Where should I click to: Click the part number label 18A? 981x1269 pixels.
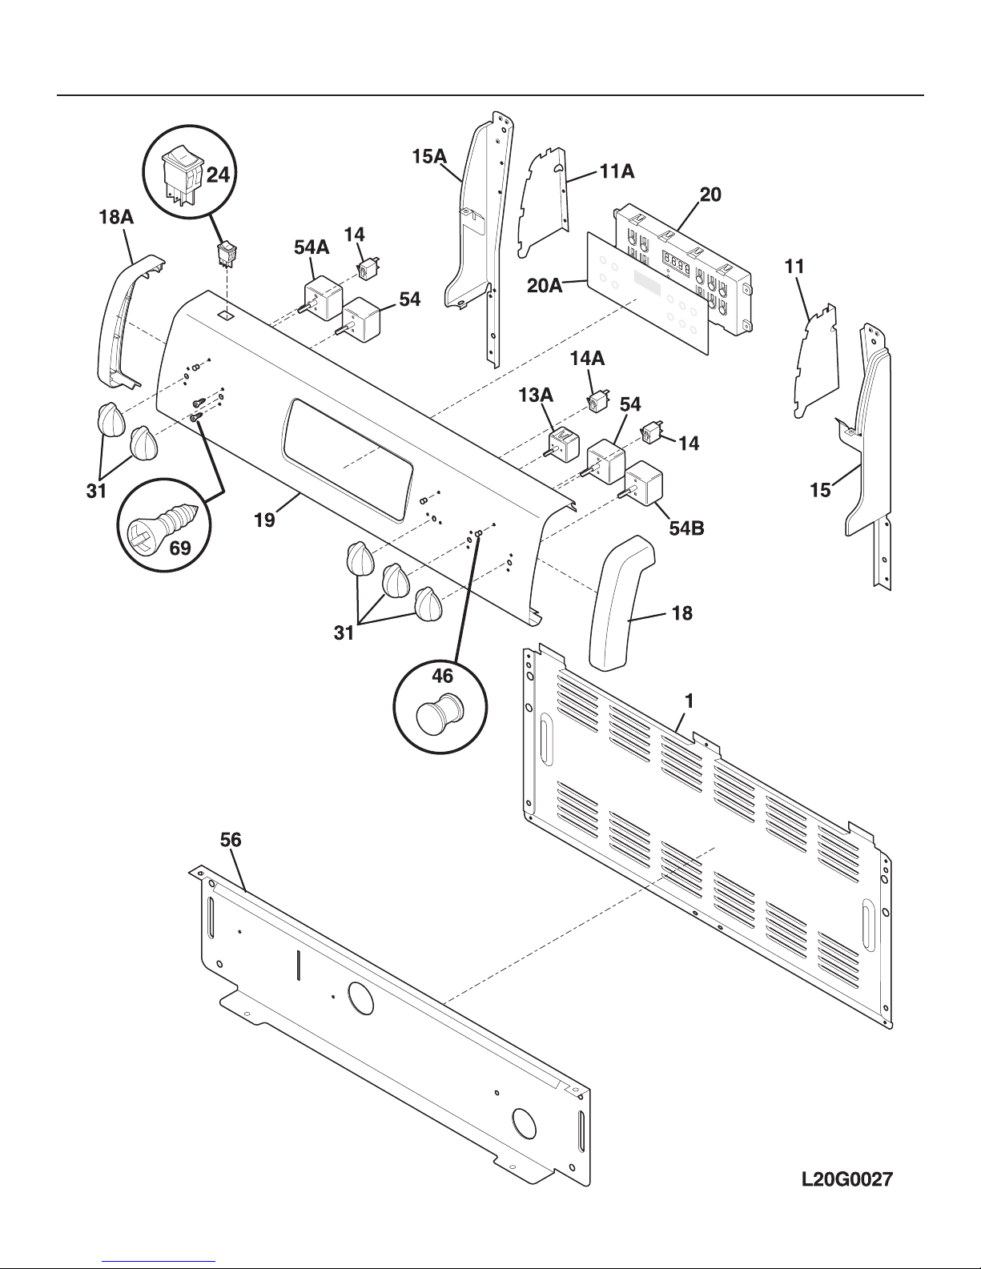click(116, 217)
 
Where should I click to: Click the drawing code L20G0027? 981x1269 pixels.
click(847, 1179)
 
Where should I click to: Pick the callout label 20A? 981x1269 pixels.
click(545, 286)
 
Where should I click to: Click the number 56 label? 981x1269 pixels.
click(230, 840)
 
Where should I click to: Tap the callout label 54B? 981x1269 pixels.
click(687, 528)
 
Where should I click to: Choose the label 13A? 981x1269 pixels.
click(536, 396)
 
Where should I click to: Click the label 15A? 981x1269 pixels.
click(429, 156)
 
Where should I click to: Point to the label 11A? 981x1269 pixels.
click(617, 171)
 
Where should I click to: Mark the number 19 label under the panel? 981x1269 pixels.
click(264, 520)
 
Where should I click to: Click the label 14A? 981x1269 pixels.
click(588, 359)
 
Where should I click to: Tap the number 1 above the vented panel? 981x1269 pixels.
click(690, 701)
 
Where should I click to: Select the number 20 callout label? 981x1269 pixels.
click(710, 195)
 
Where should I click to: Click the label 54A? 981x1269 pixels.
click(312, 247)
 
